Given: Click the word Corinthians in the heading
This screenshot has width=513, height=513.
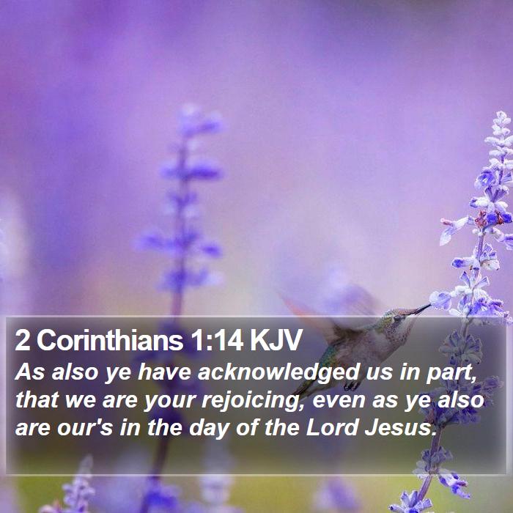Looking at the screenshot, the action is (110, 340).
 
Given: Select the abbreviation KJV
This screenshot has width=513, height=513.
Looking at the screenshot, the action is (276, 340).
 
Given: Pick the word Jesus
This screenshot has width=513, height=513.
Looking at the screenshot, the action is (400, 427).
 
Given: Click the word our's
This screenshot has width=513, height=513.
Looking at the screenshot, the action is (85, 428).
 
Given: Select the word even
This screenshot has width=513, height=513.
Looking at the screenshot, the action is (339, 400).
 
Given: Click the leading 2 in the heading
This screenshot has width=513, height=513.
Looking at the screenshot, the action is (22, 340).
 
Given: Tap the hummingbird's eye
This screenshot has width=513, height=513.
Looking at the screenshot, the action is (397, 317).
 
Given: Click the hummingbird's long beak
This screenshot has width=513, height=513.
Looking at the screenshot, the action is (418, 309).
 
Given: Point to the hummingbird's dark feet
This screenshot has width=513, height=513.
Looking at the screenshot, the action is (352, 386).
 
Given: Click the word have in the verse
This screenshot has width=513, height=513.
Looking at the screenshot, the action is (165, 373).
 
